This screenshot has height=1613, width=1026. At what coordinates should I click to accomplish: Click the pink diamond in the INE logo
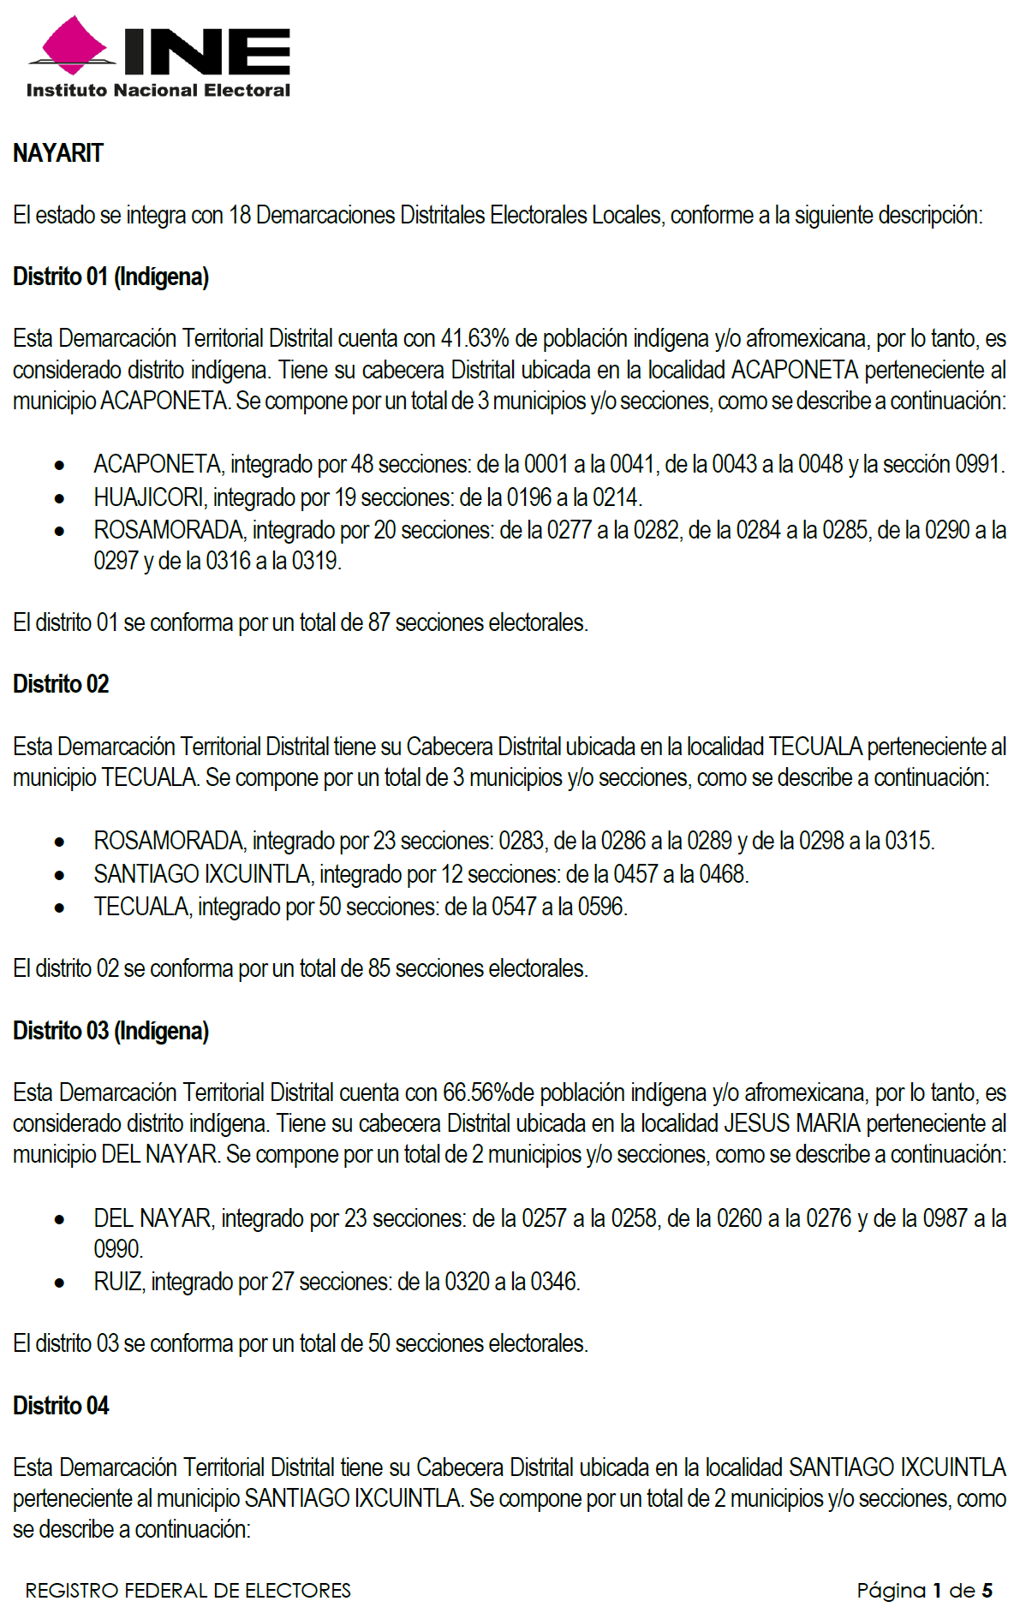(75, 45)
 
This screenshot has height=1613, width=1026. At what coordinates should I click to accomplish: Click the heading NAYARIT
(57, 153)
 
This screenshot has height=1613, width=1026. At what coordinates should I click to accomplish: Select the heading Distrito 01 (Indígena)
(110, 277)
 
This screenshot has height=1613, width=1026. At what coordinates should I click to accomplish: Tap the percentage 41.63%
(474, 339)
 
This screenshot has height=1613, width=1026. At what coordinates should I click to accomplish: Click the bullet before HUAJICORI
(59, 498)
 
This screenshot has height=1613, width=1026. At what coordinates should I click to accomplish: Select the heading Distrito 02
(61, 684)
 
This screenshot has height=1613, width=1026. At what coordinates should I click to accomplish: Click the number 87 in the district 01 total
(379, 622)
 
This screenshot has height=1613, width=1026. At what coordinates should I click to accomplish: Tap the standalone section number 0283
(521, 841)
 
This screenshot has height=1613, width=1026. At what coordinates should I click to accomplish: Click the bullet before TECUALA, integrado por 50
(59, 908)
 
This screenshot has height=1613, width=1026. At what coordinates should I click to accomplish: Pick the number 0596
(601, 907)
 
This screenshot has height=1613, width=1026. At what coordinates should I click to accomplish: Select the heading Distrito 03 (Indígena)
(110, 1031)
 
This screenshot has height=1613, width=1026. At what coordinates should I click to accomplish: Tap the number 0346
(554, 1282)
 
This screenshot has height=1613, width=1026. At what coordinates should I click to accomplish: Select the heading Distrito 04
(61, 1406)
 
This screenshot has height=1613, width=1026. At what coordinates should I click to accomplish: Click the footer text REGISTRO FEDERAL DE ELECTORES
(188, 1591)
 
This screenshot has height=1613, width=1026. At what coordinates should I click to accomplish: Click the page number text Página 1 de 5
(924, 1591)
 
